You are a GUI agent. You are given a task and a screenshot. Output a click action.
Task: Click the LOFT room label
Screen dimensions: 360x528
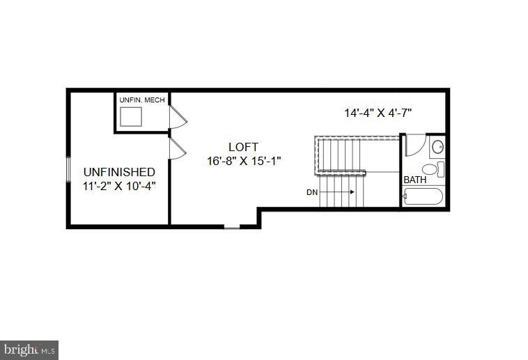coord(243,147)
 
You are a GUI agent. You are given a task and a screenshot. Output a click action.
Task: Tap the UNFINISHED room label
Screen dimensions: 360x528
coord(119,172)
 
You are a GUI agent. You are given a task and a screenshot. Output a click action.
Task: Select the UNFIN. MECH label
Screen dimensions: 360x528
coord(142,101)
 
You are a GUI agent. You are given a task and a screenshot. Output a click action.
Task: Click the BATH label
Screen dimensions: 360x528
coord(415,180)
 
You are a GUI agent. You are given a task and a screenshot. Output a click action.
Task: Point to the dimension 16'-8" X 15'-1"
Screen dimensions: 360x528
coord(243,161)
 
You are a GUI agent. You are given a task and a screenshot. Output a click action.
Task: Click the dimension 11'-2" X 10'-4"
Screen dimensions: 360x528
coord(119,186)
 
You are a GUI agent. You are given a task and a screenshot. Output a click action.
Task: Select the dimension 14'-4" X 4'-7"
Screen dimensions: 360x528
coord(378,112)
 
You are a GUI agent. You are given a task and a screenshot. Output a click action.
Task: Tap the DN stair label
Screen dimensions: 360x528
coord(312,192)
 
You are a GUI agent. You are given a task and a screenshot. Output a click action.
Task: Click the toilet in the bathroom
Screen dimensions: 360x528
coord(432,169)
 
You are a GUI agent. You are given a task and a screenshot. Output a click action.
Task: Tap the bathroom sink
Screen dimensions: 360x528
coord(437,147)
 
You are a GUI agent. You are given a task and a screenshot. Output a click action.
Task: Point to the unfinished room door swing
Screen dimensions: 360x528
coord(178,148)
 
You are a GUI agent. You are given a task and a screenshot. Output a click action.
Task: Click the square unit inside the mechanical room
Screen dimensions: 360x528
coord(131,118)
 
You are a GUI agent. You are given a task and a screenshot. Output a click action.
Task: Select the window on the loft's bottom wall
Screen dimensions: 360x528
coord(232,226)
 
